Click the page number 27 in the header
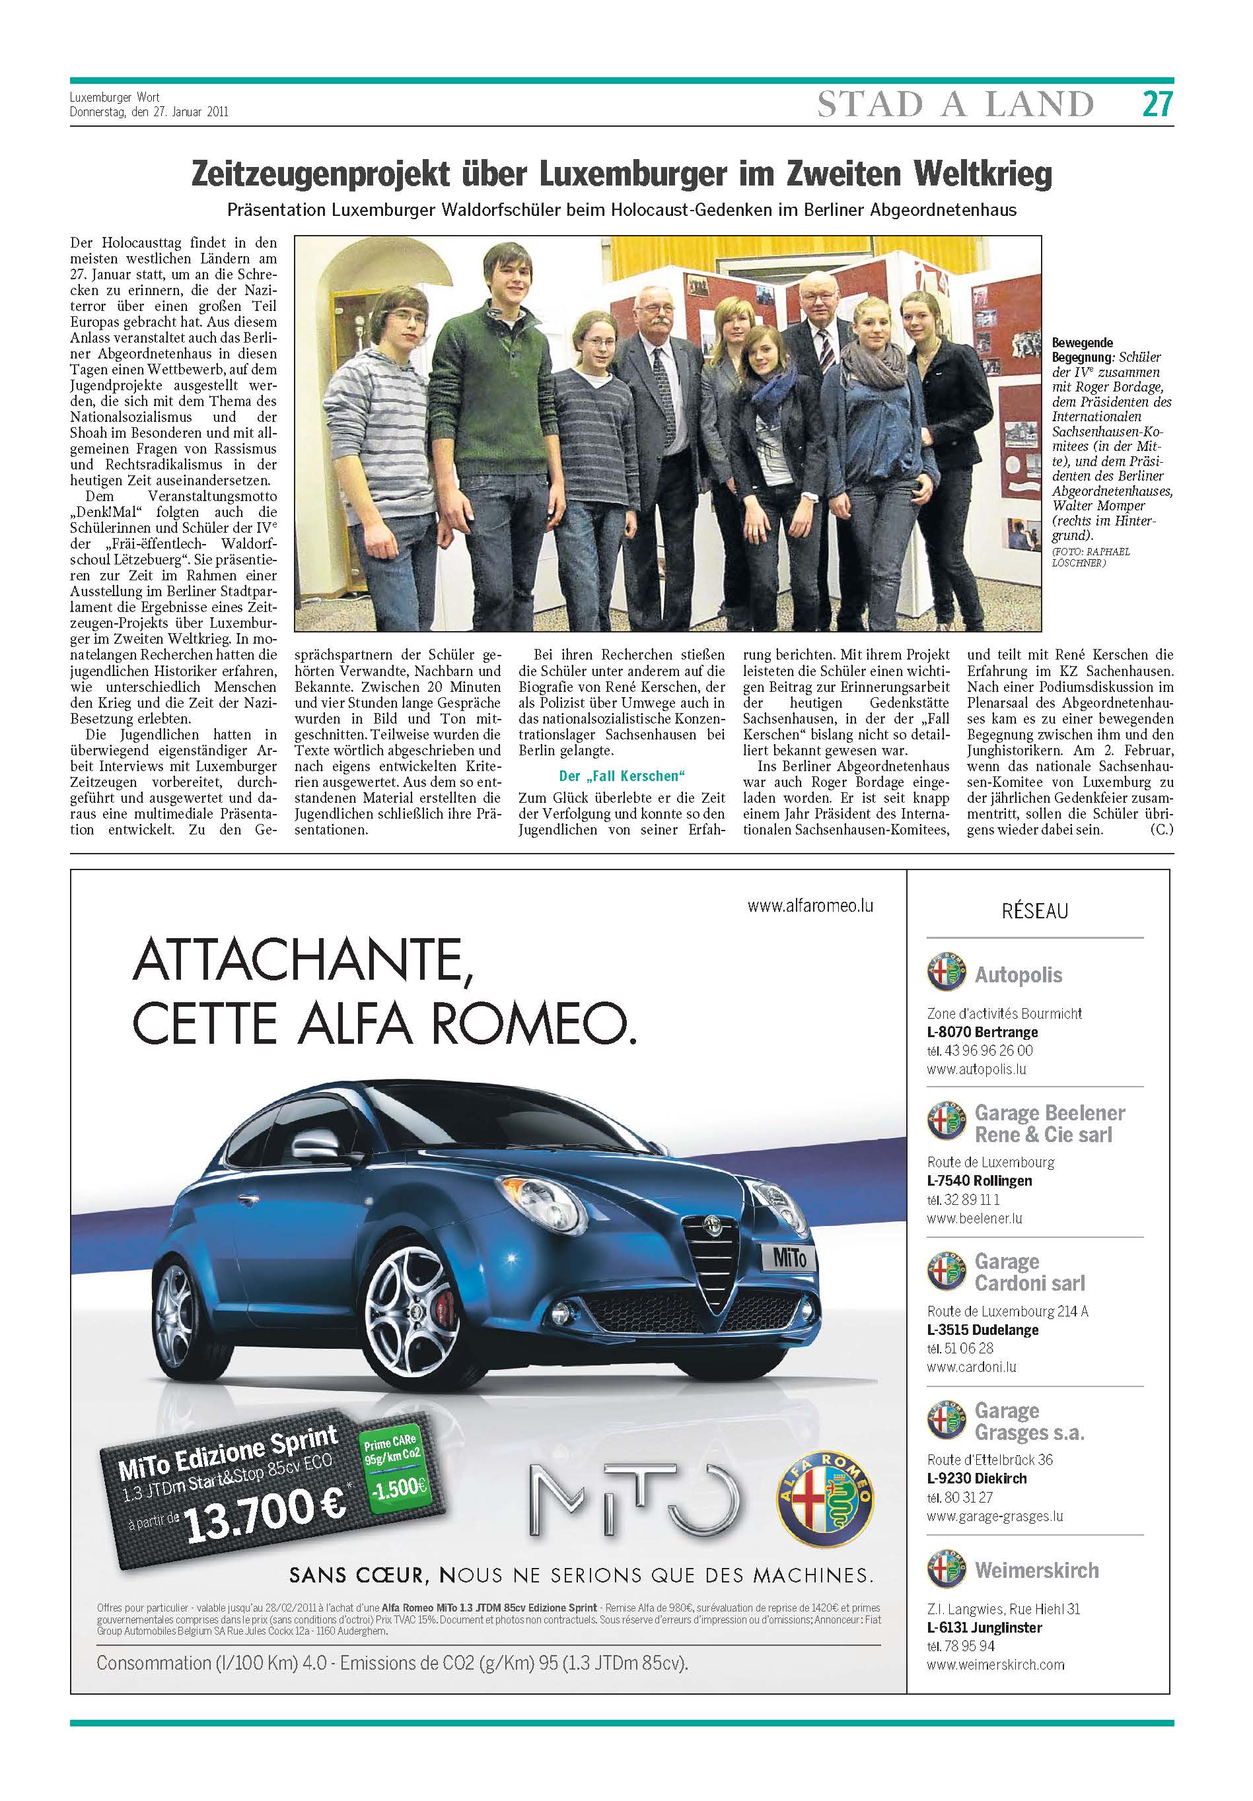point(1157,104)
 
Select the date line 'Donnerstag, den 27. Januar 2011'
point(149,112)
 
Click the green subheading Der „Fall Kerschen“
point(622,776)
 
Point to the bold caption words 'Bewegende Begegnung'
point(1082,349)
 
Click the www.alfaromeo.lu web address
point(810,905)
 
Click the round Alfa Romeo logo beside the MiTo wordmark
point(824,1503)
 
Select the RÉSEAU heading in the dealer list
point(1034,910)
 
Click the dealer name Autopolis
point(1019,975)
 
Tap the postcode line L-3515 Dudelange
point(982,1330)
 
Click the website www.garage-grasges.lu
point(994,1516)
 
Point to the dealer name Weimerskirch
point(1036,1571)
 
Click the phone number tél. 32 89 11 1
point(962,1200)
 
